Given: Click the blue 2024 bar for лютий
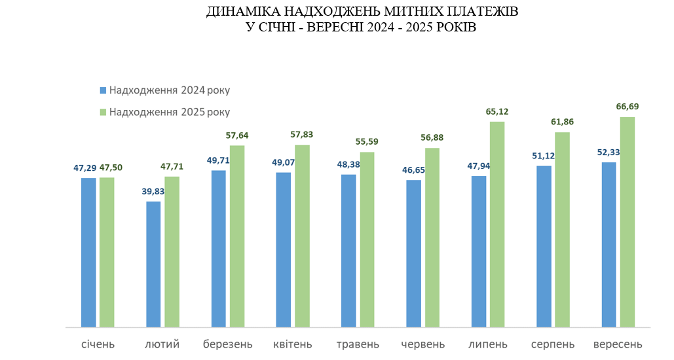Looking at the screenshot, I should pyautogui.click(x=153, y=264).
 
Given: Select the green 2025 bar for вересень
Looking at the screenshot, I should pyautogui.click(x=627, y=222).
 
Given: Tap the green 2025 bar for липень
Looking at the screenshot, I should pyautogui.click(x=497, y=224).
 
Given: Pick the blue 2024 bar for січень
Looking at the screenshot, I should pyautogui.click(x=88, y=252).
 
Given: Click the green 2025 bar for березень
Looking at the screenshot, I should pyautogui.click(x=237, y=236).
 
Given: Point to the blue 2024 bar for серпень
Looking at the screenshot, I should pyautogui.click(x=544, y=246).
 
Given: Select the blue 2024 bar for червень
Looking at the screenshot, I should pyautogui.click(x=414, y=253).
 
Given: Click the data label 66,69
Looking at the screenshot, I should pyautogui.click(x=627, y=106).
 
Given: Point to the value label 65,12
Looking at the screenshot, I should pyautogui.click(x=497, y=111).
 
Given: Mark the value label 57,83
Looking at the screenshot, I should pyautogui.click(x=302, y=134).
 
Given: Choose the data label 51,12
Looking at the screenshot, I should pyautogui.click(x=544, y=155).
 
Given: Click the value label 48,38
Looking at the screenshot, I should pyautogui.click(x=348, y=164).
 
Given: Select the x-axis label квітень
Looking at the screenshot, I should pyautogui.click(x=293, y=344).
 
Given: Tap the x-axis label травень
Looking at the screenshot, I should pyautogui.click(x=358, y=344).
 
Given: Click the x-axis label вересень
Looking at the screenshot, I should pyautogui.click(x=618, y=344).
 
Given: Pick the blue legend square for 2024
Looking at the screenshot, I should pyautogui.click(x=102, y=90).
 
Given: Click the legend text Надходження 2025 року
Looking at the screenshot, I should pyautogui.click(x=170, y=112).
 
